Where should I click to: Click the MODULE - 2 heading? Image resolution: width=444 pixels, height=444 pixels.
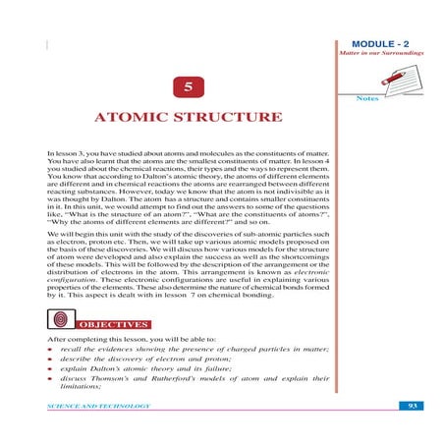click(x=383, y=45)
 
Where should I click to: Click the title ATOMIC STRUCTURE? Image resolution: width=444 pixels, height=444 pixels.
click(x=188, y=119)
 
